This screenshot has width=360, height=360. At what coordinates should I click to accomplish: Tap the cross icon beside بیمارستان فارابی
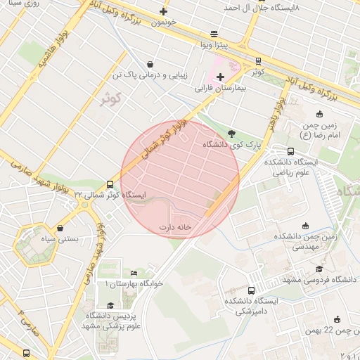(x=221, y=77)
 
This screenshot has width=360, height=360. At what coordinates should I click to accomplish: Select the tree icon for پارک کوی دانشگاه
(x=232, y=133)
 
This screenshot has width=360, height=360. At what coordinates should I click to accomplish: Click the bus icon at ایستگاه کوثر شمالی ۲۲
(x=109, y=184)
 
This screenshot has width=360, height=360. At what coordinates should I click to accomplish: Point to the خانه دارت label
(x=175, y=227)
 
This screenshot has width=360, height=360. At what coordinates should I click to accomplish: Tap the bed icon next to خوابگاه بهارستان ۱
(x=134, y=274)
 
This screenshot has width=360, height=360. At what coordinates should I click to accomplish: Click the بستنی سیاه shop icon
(x=61, y=228)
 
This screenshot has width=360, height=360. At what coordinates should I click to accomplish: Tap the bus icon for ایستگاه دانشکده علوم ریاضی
(x=290, y=151)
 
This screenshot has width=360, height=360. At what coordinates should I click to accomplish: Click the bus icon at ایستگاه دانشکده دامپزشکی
(x=251, y=290)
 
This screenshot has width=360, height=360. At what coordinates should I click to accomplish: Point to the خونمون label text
(x=162, y=22)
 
